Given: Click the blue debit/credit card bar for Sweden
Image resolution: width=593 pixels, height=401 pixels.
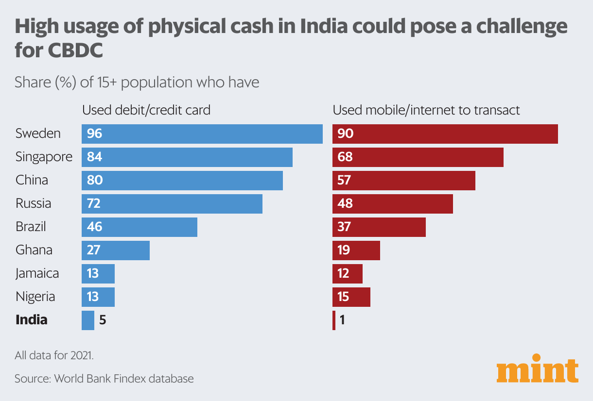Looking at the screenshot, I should pos(202,134).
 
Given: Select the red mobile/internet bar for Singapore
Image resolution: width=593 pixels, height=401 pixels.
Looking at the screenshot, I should pos(418,157).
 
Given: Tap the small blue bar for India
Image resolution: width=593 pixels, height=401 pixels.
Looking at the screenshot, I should pos(88,320).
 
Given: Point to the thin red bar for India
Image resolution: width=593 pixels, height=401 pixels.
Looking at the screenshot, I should pos(334,320).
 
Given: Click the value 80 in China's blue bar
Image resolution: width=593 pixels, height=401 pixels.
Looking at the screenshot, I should pos(95,181).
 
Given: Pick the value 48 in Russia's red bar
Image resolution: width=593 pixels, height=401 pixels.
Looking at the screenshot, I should pos(345,204).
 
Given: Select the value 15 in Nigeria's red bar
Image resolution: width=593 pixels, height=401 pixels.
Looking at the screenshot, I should pos(343,297).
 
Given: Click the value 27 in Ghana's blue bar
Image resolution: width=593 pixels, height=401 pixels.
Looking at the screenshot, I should pos(93,251).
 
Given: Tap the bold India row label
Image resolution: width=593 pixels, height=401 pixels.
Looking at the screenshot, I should pos(32,320).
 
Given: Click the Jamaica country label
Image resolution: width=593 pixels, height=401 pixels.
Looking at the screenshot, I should pos(37,273).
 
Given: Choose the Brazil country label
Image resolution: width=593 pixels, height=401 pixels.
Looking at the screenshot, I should pos(31,227).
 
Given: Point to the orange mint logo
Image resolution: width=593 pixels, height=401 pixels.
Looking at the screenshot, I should pos(538,371).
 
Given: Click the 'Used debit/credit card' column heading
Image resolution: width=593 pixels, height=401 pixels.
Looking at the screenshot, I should pos(146,110).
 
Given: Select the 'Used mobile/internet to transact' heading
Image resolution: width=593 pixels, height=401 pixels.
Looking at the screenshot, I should pos(426,110).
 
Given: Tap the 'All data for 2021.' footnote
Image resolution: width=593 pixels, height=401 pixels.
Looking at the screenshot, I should pos(54,355).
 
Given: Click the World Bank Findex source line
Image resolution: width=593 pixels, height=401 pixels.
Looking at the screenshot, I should pos(104,379).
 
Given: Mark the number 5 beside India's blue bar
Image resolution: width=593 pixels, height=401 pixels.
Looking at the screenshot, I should pos(103,320).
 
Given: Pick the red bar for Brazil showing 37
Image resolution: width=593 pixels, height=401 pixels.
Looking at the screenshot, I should pos(379,227).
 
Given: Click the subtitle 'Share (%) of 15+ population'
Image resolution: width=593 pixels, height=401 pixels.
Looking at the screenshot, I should pos(137,82).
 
